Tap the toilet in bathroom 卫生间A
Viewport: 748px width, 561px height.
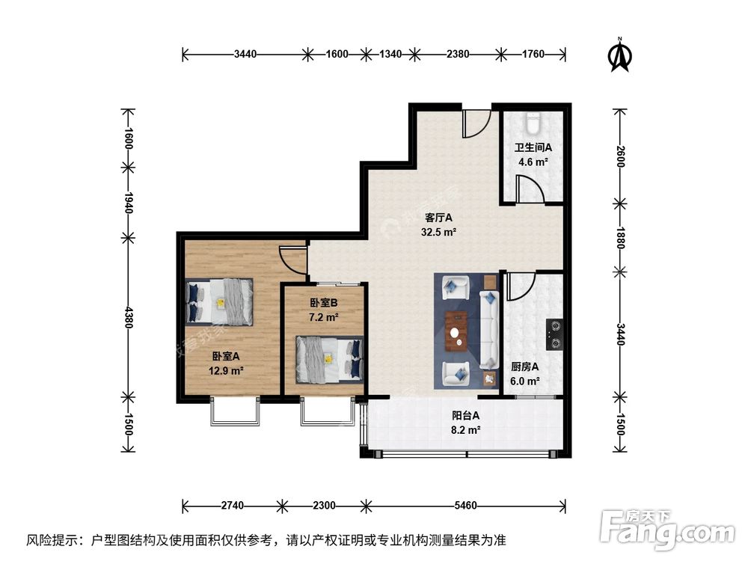pos(533,121)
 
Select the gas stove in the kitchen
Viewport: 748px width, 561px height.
pos(555,334)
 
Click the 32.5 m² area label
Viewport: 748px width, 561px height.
pos(440,232)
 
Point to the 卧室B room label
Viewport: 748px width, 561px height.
pos(323,304)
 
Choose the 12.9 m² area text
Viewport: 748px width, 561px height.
pos(227,370)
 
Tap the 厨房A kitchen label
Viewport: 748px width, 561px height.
pos(525,367)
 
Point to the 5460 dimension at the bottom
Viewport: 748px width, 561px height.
pos(465,505)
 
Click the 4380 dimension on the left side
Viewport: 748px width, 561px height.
pos(129,317)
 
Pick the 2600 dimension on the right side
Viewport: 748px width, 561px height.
pos(619,156)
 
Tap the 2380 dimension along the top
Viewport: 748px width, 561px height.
pos(457,53)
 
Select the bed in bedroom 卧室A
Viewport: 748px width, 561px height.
pos(221,301)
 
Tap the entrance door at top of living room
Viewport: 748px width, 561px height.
pos(476,124)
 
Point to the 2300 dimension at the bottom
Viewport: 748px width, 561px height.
pos(322,505)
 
